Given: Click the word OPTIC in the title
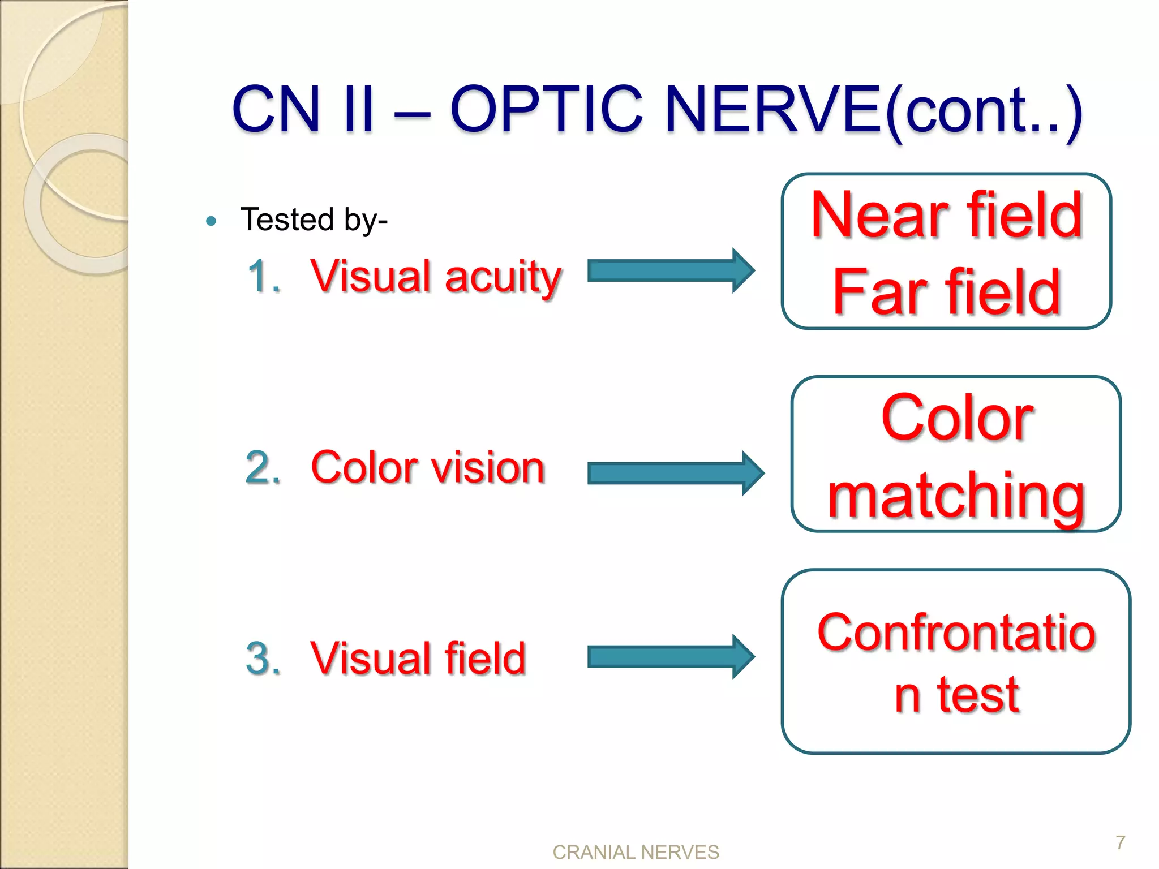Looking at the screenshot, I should tap(546, 109).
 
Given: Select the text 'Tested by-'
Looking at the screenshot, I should tap(314, 220).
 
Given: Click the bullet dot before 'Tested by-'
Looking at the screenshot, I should tap(212, 221).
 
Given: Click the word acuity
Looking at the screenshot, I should tap(503, 277).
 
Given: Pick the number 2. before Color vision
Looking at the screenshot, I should tap(263, 468).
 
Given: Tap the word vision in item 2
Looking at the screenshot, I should tap(487, 468).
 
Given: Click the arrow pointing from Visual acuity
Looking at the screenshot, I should tap(671, 270).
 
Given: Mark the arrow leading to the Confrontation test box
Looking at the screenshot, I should tap(671, 657).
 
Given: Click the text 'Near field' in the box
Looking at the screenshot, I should tap(947, 215).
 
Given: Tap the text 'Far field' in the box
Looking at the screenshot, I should tap(947, 292).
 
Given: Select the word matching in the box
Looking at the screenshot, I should tap(956, 496).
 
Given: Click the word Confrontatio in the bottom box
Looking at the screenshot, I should tap(956, 632).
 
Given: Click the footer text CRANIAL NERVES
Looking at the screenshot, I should tap(636, 852).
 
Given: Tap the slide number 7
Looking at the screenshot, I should tap(1121, 842).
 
